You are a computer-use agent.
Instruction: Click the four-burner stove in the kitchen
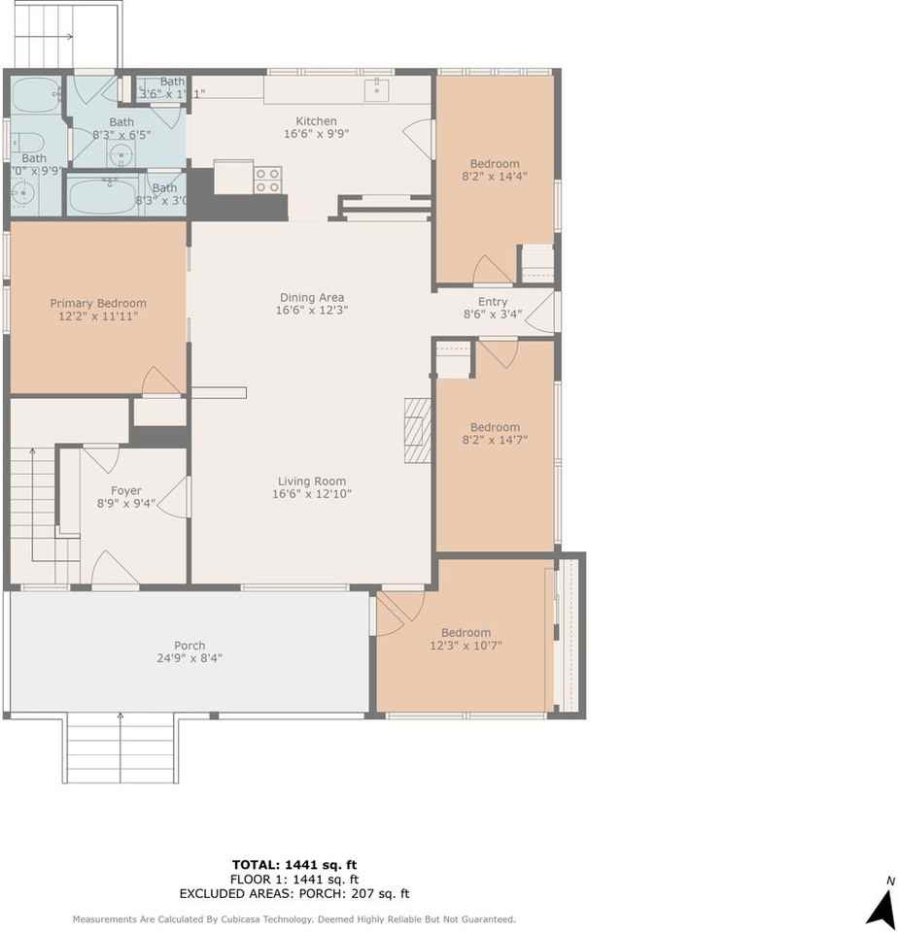[268, 180]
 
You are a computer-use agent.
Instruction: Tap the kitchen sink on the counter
[378, 89]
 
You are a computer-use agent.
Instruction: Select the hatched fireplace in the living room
[417, 431]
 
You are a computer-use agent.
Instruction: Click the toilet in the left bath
[22, 139]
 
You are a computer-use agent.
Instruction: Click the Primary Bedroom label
[98, 303]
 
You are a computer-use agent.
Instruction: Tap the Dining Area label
[311, 297]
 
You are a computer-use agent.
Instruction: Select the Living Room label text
[311, 481]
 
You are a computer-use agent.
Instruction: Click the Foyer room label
[125, 490]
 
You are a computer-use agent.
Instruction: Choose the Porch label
[190, 645]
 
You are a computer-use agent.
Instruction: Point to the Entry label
[493, 301]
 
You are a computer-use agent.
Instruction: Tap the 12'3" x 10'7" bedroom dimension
[466, 646]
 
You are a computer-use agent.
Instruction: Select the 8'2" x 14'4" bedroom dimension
[495, 177]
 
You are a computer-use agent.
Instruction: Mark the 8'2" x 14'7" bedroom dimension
[495, 440]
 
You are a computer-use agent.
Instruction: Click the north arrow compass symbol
[881, 907]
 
